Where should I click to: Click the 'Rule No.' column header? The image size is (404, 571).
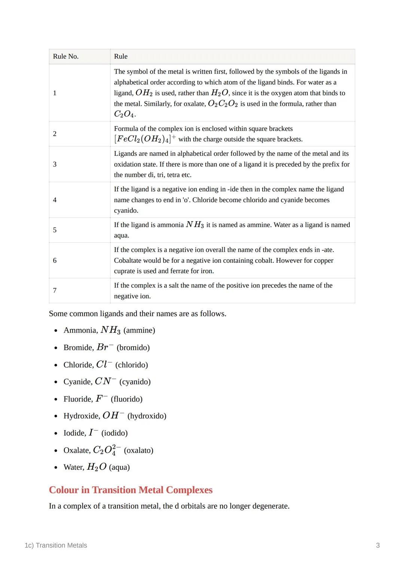[x=66, y=56]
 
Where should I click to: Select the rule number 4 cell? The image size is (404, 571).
[x=55, y=200]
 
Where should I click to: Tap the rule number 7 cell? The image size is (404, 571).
[x=55, y=290]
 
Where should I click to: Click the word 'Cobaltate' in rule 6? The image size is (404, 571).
[x=129, y=260]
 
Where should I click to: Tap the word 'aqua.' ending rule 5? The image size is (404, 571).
[x=122, y=235]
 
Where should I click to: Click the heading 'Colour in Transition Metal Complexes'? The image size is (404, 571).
[x=131, y=490]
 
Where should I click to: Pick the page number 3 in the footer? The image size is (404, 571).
[x=378, y=545]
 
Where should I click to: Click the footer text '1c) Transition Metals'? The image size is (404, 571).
[x=56, y=545]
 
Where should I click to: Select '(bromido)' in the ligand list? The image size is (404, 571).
[x=133, y=348]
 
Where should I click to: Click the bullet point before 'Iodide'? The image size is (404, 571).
[x=56, y=433]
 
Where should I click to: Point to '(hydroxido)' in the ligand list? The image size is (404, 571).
[x=147, y=416]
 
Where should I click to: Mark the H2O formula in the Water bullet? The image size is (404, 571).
[x=97, y=467]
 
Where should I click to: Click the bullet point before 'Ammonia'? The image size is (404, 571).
[x=56, y=331]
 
